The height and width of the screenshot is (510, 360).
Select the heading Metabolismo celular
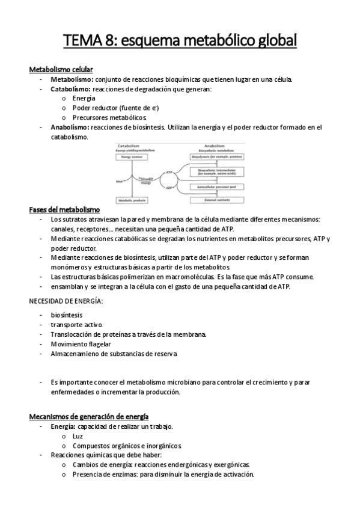61,70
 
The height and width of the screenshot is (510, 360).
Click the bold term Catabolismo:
71,89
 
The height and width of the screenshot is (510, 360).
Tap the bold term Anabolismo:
70,127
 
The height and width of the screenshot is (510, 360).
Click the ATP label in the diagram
169,172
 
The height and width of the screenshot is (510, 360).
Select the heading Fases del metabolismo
64,209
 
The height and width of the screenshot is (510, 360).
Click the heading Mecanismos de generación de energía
89,416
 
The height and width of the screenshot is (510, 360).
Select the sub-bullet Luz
78,436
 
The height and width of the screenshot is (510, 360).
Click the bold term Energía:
63,426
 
